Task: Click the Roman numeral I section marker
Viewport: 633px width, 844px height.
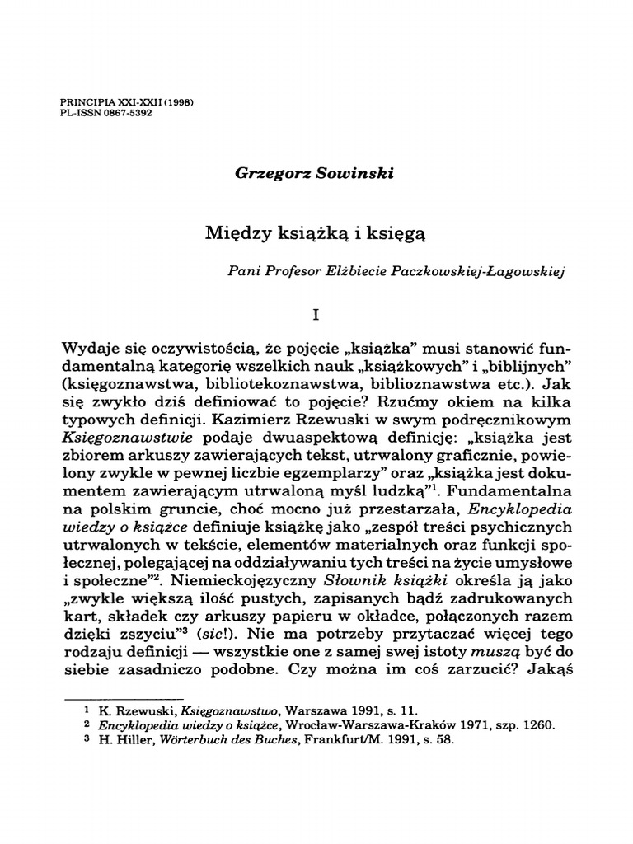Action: (x=315, y=314)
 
